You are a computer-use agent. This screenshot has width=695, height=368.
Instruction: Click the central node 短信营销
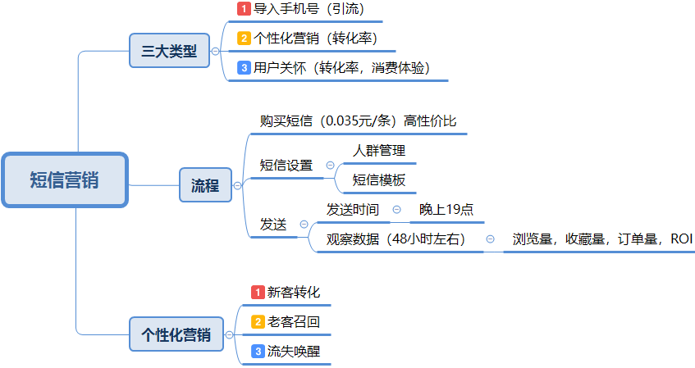(65, 179)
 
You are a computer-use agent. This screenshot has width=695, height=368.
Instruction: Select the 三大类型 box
(169, 51)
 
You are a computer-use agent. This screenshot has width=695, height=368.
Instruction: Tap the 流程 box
(205, 185)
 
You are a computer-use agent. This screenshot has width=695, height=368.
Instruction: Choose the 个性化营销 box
(176, 334)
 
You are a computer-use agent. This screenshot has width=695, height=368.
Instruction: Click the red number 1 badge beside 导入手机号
(244, 8)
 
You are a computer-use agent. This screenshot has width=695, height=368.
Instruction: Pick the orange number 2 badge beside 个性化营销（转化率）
(244, 38)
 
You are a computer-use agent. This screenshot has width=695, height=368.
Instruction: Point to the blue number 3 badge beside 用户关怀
(244, 68)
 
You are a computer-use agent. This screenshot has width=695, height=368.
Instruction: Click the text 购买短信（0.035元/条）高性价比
(358, 121)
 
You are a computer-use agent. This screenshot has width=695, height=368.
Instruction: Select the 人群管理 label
(379, 151)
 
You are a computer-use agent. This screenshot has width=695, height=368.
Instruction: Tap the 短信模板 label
(379, 180)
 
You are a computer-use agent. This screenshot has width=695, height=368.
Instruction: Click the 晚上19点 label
(446, 210)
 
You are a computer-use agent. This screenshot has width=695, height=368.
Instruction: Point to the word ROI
(681, 239)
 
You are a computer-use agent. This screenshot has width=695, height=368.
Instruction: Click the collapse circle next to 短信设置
(330, 166)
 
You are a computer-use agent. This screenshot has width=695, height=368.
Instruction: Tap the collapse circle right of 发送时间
(396, 210)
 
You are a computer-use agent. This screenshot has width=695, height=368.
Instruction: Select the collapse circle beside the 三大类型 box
(216, 51)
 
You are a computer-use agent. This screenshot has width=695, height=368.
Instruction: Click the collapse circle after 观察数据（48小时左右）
(490, 239)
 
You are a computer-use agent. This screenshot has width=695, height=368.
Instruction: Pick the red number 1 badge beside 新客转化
(258, 293)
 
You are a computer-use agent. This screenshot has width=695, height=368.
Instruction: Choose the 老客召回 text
(294, 322)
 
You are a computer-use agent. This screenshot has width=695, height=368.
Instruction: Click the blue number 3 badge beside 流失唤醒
(258, 352)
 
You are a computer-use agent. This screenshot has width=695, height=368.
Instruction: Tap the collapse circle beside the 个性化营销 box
(229, 334)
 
